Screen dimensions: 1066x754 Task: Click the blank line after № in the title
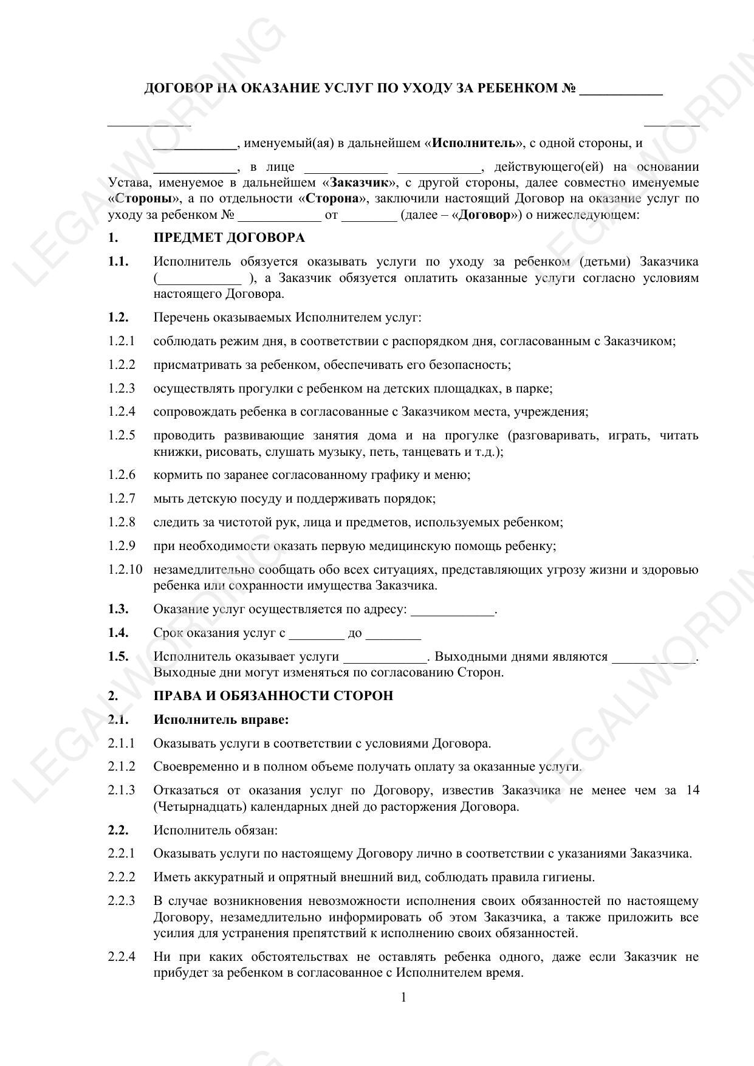coord(620,91)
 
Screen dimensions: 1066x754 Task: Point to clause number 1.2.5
coord(122,435)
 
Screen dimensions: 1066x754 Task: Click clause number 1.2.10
coord(126,569)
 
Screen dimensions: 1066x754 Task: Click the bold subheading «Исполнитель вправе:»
coord(221,720)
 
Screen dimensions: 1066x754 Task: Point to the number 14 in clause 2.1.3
coord(692,790)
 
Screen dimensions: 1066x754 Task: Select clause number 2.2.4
coord(122,957)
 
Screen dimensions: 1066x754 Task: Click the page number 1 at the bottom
coord(403,997)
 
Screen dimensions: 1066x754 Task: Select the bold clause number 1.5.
coord(118,656)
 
